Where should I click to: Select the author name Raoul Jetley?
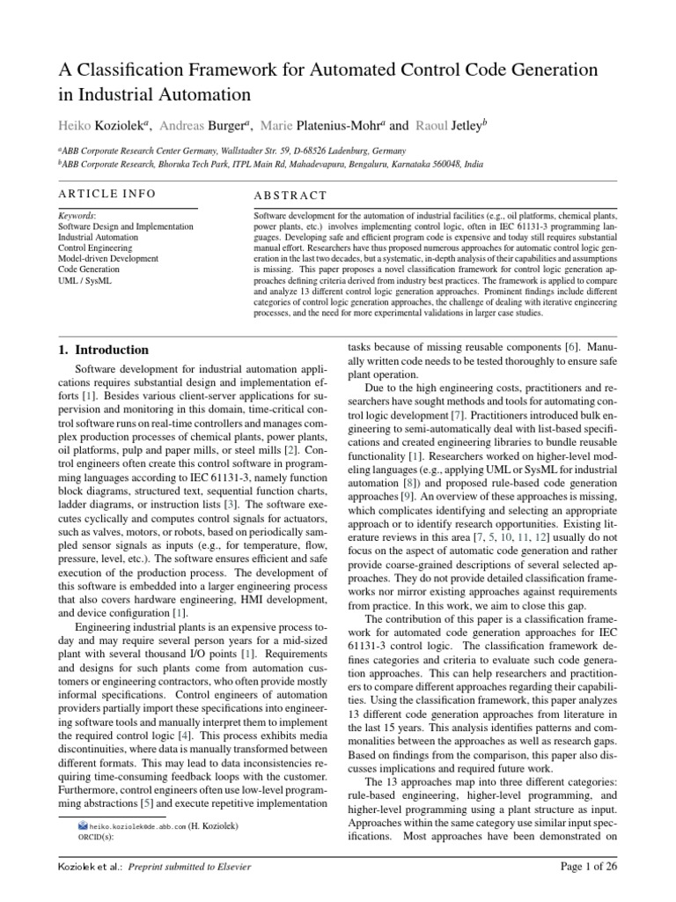click(453, 126)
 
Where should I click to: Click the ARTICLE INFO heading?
click(107, 194)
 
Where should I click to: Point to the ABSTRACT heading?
click(290, 196)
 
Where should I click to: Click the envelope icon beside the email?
click(83, 827)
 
